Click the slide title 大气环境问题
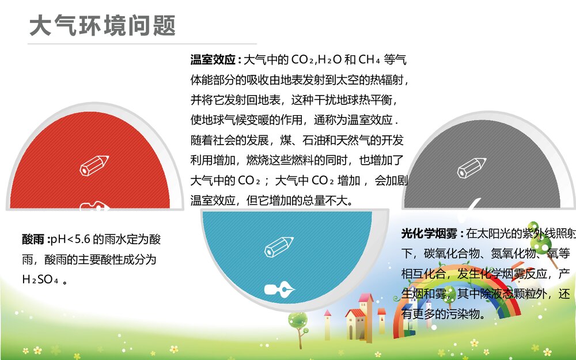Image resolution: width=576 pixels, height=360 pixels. pos(102,26)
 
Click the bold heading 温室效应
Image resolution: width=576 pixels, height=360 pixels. pos(213,60)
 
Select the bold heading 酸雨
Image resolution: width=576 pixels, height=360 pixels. pos(33,239)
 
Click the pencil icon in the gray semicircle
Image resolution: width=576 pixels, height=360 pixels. pos(469,167)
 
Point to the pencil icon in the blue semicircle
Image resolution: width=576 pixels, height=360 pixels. pos(279,247)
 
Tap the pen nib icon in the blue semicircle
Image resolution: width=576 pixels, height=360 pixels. pos(279,288)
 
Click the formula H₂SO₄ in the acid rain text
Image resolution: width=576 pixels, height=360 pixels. pos(41,279)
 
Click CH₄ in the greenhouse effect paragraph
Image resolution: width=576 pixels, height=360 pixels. pos(369,60)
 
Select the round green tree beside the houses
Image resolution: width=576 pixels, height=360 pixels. pos(298,321)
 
